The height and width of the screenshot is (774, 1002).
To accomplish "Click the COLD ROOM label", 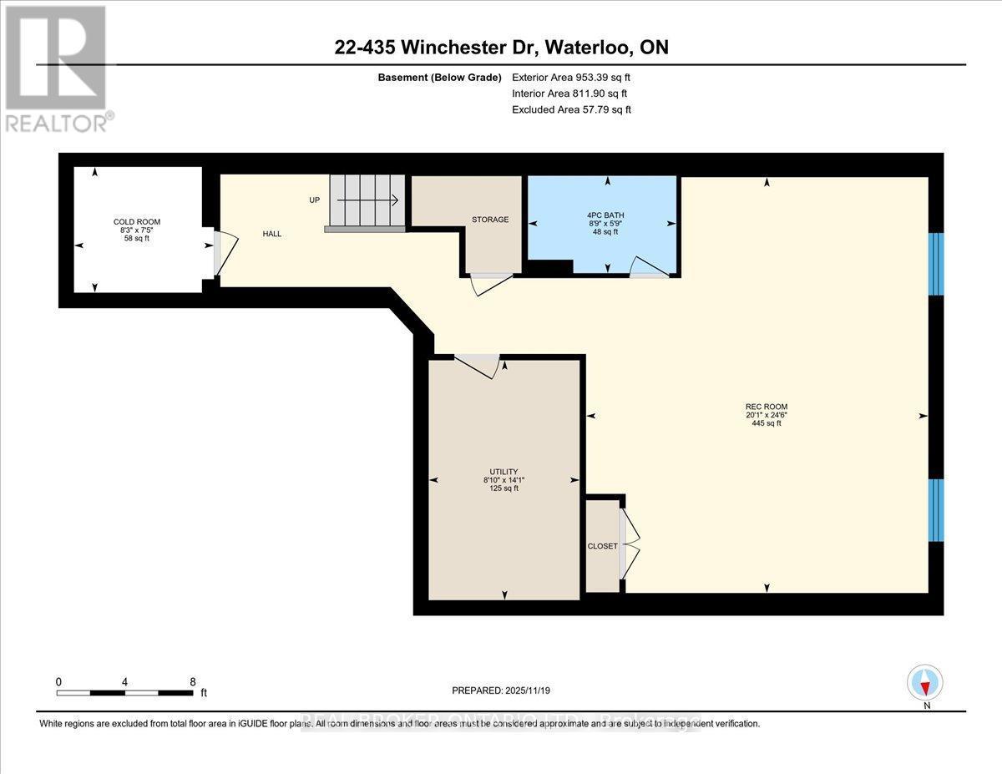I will coord(137,221).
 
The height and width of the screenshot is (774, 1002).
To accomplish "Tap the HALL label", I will coord(272,235).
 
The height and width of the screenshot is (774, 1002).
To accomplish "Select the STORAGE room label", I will coord(490,220).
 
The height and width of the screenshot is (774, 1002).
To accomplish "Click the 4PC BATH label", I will coord(605,215).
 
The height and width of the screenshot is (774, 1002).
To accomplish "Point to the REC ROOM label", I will coord(767,407).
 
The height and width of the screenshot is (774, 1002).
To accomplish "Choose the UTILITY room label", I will coord(504,472).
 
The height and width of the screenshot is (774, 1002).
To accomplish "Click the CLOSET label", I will coord(601,546).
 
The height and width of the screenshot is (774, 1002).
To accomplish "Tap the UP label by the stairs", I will coord(314,200).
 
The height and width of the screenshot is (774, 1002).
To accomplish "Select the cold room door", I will coord(224,252).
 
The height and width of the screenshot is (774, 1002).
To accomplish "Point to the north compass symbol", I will coord(924,683).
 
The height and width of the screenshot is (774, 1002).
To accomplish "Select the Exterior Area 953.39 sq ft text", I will coord(570,78).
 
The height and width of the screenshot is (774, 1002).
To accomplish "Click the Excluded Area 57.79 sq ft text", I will coord(570,109).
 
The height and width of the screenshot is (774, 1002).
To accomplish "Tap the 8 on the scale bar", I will coord(192,681).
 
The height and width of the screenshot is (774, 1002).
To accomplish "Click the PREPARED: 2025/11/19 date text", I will coord(501,691).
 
